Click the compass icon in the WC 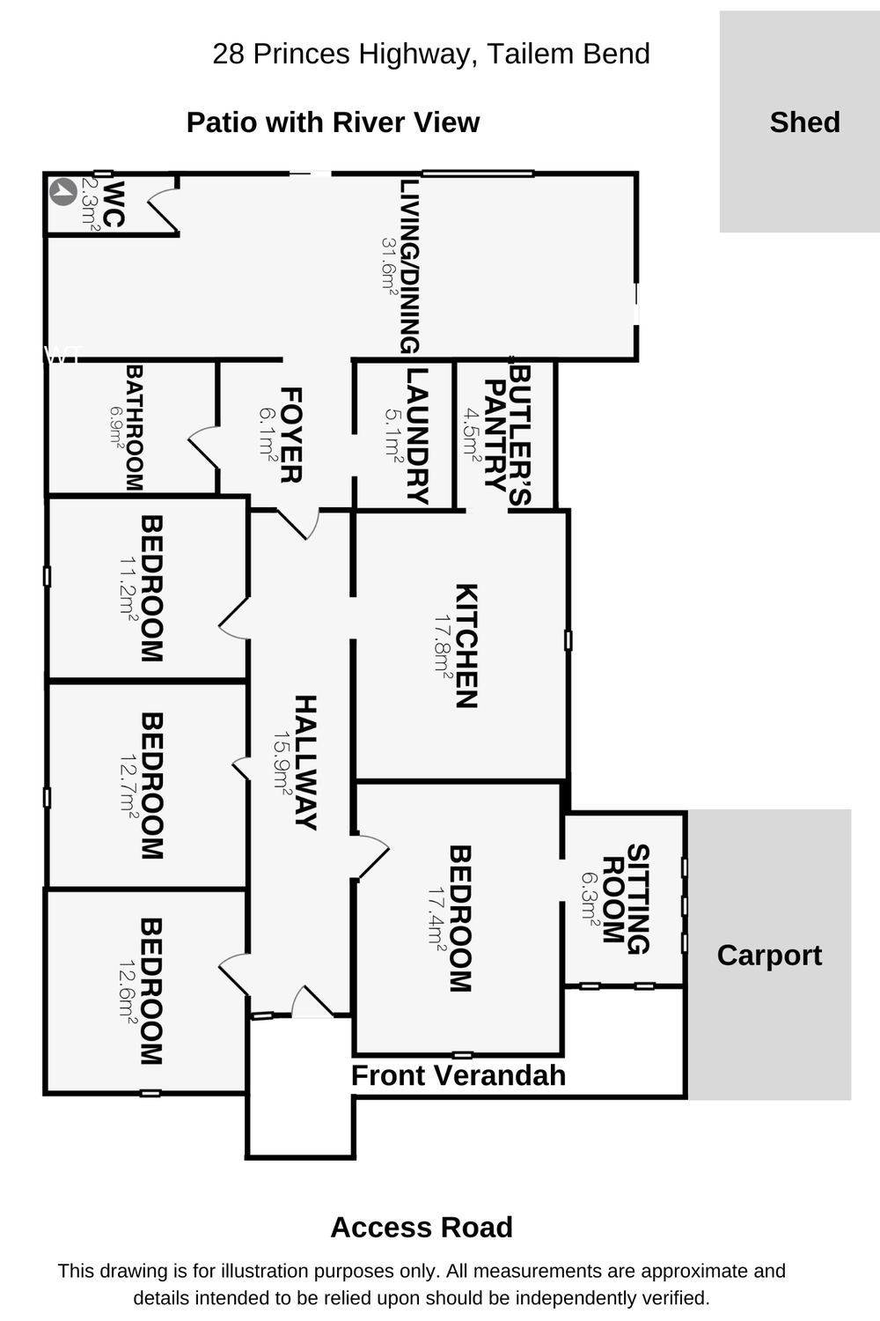(x=62, y=191)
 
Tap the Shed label (x=804, y=122)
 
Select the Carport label (x=769, y=956)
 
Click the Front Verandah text (x=458, y=1075)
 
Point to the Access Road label (x=421, y=1227)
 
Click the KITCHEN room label (x=466, y=646)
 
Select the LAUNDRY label (x=416, y=435)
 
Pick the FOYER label (x=291, y=435)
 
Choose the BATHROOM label (x=134, y=428)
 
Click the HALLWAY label (x=304, y=762)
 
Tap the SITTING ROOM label (x=626, y=898)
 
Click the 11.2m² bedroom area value (x=128, y=588)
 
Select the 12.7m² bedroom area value (x=128, y=786)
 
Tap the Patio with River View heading (x=333, y=122)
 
